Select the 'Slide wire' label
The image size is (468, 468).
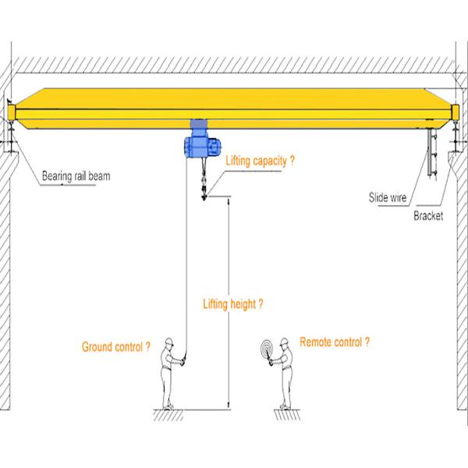click(388, 197)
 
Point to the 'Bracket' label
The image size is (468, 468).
click(427, 215)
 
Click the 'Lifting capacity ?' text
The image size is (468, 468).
click(261, 161)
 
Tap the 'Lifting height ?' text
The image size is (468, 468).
click(232, 304)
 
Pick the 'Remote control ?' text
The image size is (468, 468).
click(335, 342)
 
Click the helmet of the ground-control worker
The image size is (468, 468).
click(168, 341)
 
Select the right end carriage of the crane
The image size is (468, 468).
click(456, 117)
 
